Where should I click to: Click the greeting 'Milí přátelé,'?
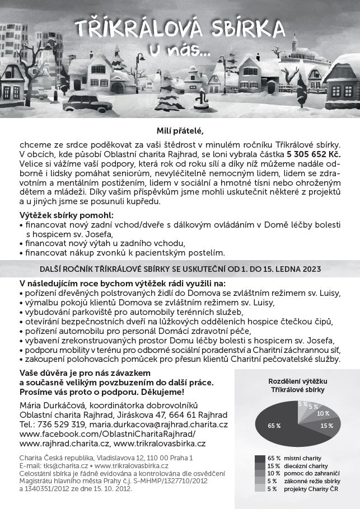tap(180, 131)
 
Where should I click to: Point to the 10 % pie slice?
tap(321, 414)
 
